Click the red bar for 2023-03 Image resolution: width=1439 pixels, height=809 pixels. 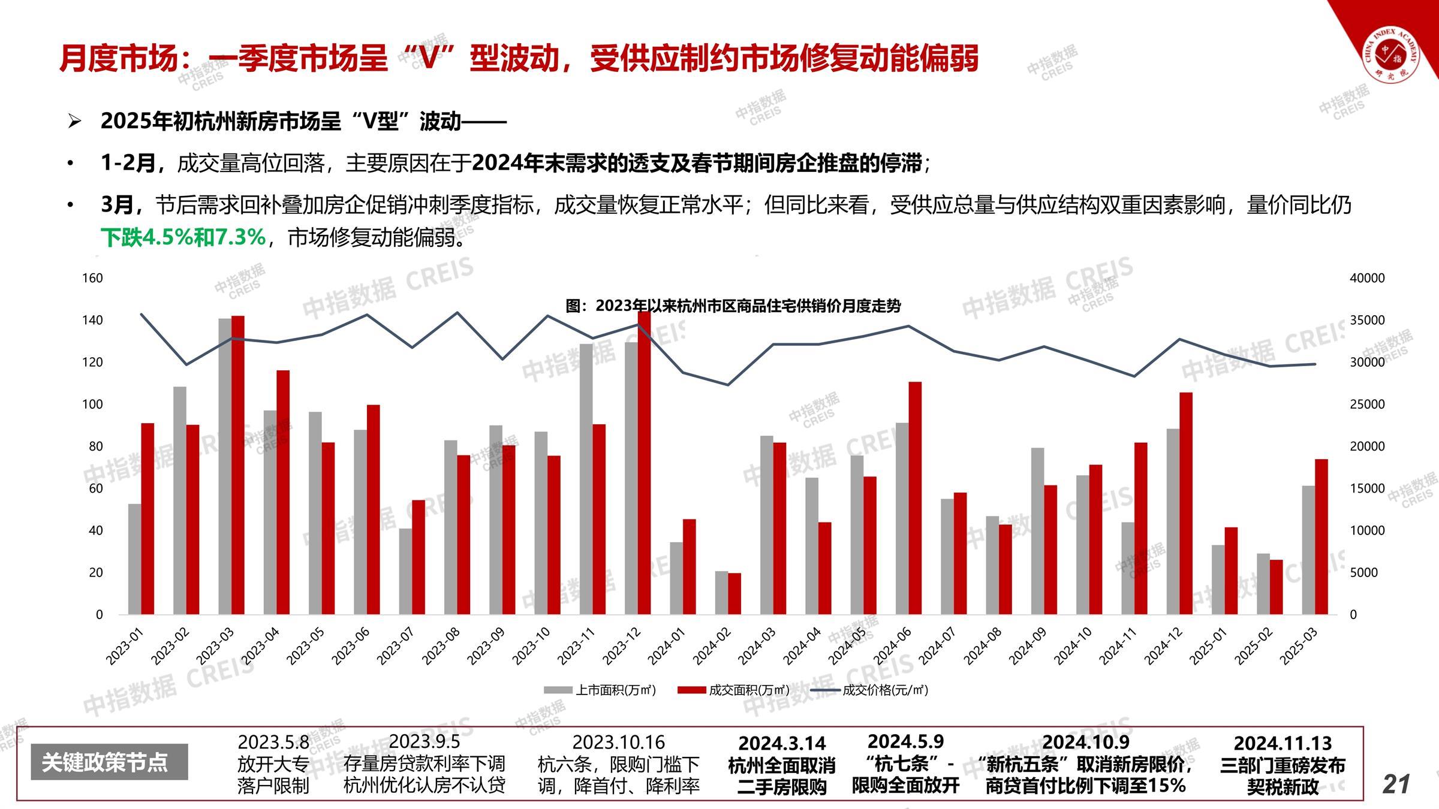(238, 464)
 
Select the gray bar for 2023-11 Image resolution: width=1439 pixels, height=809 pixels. (586, 479)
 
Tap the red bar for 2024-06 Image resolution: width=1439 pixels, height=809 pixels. (915, 497)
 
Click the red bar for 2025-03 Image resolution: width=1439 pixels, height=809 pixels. (1321, 536)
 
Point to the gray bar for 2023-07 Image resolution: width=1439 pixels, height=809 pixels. (405, 571)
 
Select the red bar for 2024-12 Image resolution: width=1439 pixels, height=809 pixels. (1186, 503)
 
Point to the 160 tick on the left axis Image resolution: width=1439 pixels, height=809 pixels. (92, 278)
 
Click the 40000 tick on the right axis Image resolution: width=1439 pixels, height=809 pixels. (1367, 278)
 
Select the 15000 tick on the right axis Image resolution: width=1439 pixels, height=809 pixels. (1367, 488)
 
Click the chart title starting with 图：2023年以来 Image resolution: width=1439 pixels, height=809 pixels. (733, 306)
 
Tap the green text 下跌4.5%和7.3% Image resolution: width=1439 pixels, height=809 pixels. (183, 237)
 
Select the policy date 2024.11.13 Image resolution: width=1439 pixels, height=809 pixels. (1283, 743)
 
